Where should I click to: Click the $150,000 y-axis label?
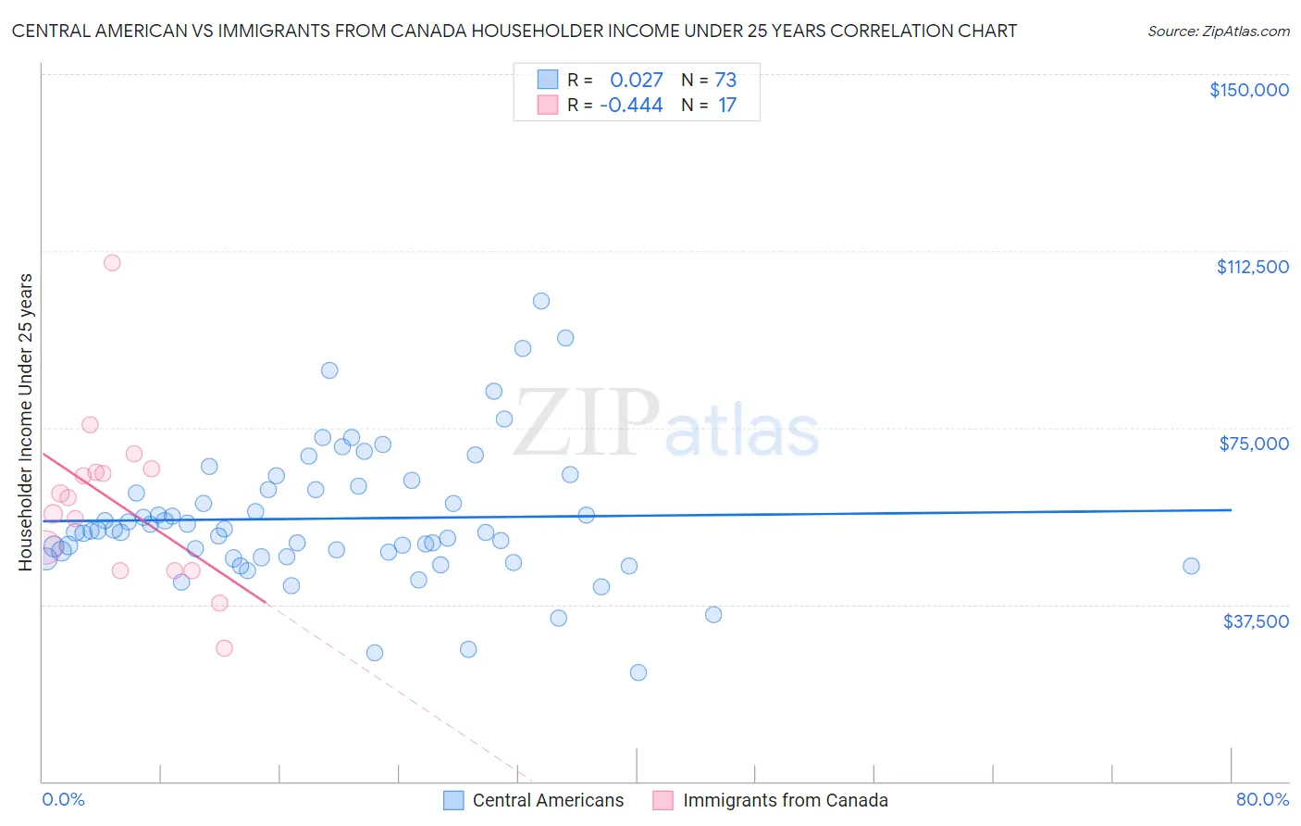coord(1248,90)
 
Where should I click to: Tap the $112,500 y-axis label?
coord(1252,267)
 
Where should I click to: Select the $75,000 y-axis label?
coord(1253,444)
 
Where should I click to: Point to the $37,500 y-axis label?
coord(1255,621)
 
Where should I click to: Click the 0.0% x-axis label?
coord(63,800)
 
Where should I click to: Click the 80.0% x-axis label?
coord(1262,800)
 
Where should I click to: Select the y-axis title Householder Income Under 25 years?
coord(25,421)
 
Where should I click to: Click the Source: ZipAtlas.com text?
coord(1218,31)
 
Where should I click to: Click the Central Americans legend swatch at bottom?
coord(453,801)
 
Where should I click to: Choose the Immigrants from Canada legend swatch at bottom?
coord(663,801)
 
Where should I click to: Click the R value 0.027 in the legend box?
coord(636,81)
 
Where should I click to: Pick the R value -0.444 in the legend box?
coord(631,106)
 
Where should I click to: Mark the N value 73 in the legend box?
coord(725,81)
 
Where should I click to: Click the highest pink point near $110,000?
coord(112,262)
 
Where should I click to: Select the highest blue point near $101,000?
coord(541,301)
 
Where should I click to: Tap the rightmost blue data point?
coord(1191,566)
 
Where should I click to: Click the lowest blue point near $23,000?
coord(638,672)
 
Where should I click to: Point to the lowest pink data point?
coord(224,648)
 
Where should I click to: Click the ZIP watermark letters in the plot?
coord(586,423)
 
